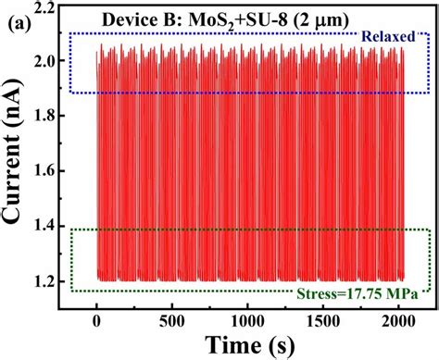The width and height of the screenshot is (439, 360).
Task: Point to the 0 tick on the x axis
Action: tap(97, 317)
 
